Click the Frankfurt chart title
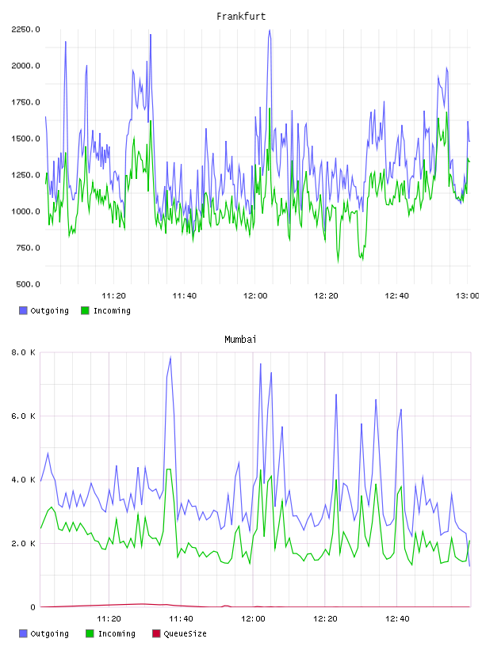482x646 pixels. (241, 17)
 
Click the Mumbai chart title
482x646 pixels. (240, 340)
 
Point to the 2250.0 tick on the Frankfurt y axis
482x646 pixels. (25, 29)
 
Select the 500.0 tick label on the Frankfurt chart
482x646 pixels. (28, 284)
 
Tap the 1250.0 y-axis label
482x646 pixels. (25, 175)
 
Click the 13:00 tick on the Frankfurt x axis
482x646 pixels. (467, 296)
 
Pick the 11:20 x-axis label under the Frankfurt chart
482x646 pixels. (113, 296)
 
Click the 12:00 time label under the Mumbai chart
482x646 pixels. (253, 619)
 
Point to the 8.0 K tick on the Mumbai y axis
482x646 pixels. (23, 352)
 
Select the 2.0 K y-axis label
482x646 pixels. (23, 543)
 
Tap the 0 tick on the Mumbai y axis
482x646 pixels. (33, 607)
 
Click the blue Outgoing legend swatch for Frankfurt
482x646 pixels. (23, 310)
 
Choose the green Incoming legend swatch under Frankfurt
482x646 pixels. (85, 310)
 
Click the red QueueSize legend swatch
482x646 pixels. (156, 633)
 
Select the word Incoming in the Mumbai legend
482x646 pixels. (117, 634)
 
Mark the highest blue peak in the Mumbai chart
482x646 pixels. (170, 358)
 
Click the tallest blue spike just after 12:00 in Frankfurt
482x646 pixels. (270, 30)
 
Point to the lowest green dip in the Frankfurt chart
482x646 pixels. (339, 262)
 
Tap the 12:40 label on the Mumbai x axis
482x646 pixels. (397, 619)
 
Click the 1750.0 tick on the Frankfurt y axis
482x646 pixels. (25, 102)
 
